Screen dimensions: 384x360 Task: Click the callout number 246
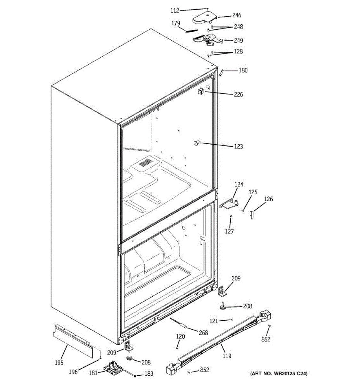tap(236, 15)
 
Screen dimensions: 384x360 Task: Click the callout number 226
tap(238, 94)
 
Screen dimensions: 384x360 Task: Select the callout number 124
tap(239, 184)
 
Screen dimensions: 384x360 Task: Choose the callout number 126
tap(268, 199)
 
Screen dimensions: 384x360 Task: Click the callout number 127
tap(229, 231)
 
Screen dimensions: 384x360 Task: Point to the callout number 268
tap(203, 332)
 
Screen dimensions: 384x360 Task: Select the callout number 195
tap(59, 363)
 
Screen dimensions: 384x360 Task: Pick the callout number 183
tap(149, 373)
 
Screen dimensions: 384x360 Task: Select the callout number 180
tap(243, 70)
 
